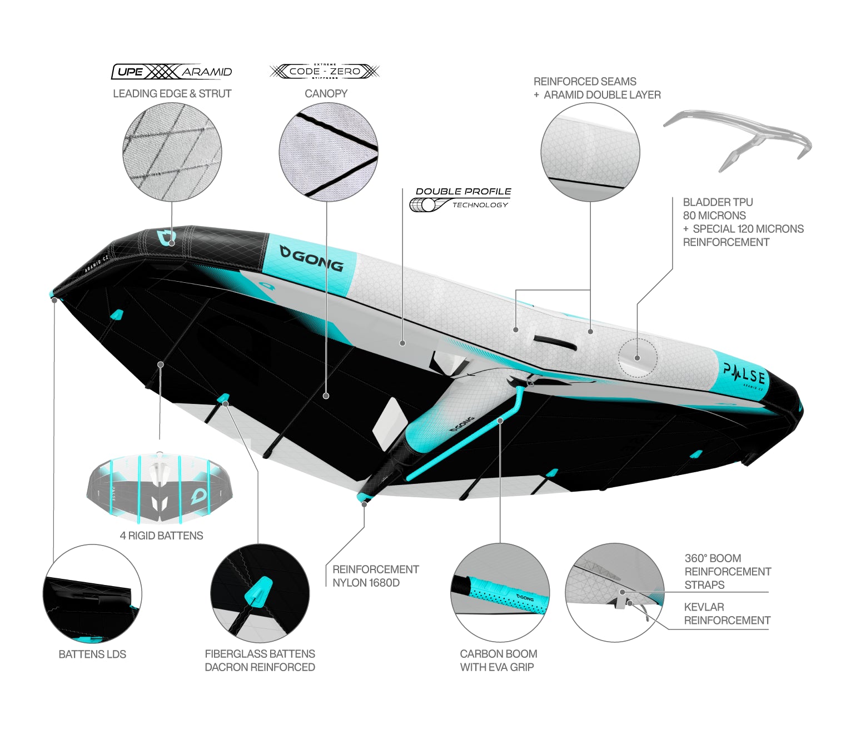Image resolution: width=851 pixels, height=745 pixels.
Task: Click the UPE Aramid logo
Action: [x=172, y=72]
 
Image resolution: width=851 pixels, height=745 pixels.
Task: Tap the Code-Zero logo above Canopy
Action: [x=325, y=71]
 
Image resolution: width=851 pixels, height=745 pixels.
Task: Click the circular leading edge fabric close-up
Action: [x=172, y=152]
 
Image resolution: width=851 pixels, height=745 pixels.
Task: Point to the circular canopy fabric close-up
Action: [x=329, y=152]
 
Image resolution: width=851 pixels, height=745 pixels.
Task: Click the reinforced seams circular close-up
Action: [x=590, y=152]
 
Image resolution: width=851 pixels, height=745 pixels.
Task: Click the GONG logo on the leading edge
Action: [x=312, y=258]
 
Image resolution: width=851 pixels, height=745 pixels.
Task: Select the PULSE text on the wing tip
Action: [x=744, y=374]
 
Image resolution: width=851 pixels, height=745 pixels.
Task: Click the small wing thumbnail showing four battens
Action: [x=160, y=488]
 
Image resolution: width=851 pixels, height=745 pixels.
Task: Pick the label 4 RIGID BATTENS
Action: [x=161, y=536]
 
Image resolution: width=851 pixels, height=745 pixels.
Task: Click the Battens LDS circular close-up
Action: [x=92, y=593]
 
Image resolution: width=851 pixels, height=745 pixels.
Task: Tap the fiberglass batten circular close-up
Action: [x=260, y=593]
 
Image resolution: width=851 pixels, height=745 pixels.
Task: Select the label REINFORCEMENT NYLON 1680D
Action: [x=375, y=576]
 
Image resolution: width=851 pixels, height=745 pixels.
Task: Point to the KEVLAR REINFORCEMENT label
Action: [x=726, y=614]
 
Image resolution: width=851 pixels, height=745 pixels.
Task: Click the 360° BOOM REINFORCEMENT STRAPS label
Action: [x=727, y=572]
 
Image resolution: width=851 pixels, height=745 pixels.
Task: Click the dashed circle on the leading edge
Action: [x=638, y=358]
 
